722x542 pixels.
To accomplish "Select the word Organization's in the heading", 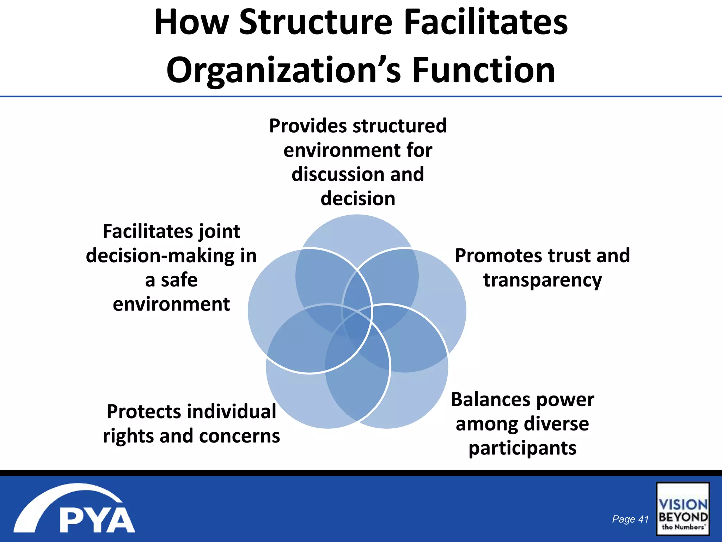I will [x=283, y=71].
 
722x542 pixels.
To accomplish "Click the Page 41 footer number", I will [x=630, y=519].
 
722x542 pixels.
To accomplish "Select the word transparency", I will [x=542, y=280].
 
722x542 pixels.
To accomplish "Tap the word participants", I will [x=522, y=448].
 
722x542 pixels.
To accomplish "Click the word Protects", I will [x=144, y=412].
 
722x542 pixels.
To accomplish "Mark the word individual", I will [x=232, y=412].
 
